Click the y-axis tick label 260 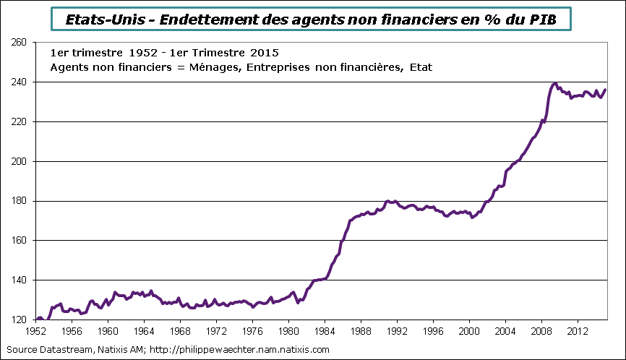click(19, 43)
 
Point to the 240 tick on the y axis click(19, 82)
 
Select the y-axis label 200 click(19, 161)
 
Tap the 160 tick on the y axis click(19, 241)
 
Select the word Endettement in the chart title click(207, 19)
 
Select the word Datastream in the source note click(64, 350)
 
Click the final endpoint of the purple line click(605, 90)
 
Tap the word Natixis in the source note click(110, 350)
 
